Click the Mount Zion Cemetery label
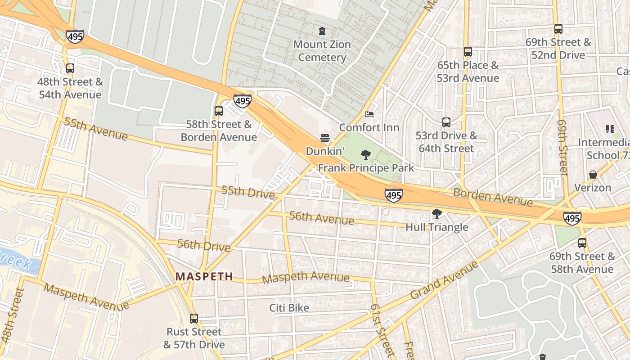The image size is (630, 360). (322, 51)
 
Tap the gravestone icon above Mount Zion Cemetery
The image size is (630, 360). (322, 31)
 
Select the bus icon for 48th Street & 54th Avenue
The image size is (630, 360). (70, 68)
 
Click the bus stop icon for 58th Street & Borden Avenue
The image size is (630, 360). (219, 111)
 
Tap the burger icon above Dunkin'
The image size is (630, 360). (325, 138)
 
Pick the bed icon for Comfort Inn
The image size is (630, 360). (369, 114)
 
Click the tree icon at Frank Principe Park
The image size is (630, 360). (366, 155)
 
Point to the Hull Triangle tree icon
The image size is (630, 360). (436, 214)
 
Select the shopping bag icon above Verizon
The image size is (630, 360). (593, 174)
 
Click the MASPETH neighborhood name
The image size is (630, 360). (204, 276)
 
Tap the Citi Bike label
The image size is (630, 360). (289, 308)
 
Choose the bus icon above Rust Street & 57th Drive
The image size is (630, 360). (194, 319)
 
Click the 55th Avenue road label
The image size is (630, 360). (95, 128)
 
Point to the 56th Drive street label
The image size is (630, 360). (204, 245)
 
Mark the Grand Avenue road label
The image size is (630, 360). (445, 280)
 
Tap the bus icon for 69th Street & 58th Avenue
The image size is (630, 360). (582, 243)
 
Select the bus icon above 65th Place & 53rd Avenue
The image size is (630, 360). (468, 52)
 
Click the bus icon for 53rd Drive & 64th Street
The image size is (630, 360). (446, 122)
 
